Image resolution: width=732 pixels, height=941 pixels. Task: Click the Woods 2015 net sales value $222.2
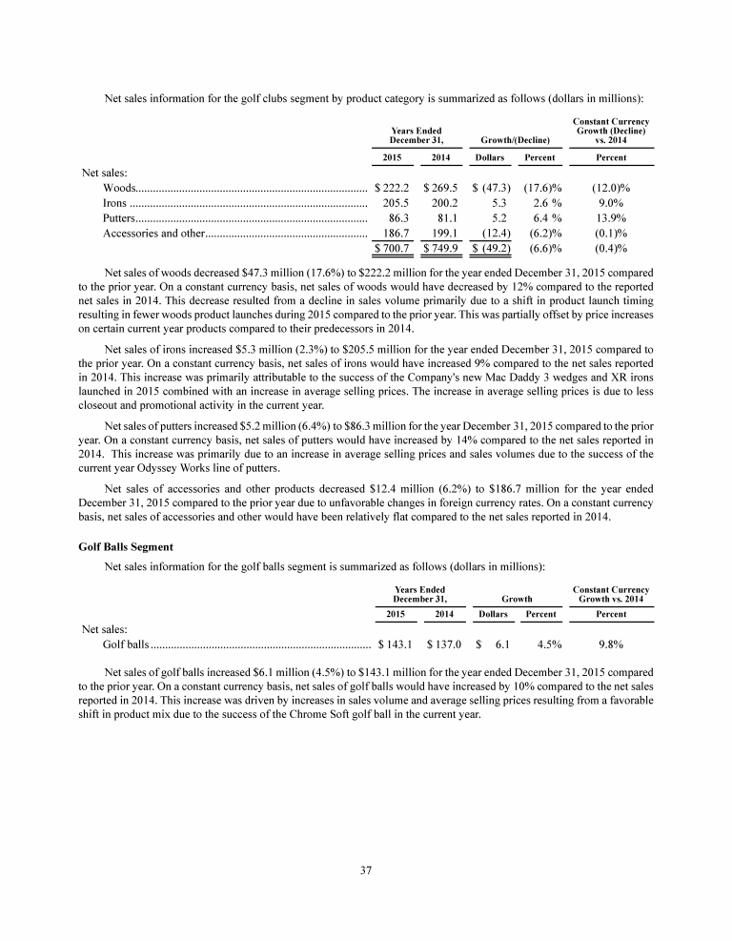[x=393, y=189]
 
